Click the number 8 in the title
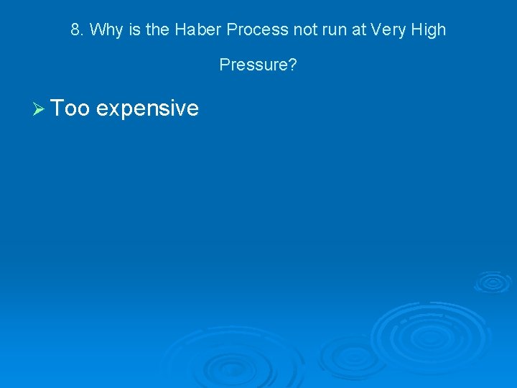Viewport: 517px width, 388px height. click(x=75, y=30)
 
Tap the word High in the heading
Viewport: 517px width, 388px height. click(x=429, y=30)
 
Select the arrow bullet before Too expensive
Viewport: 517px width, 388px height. click(x=39, y=108)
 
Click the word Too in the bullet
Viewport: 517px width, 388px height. click(x=70, y=108)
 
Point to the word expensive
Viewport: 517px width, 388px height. click(x=147, y=108)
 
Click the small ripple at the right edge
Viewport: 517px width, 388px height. click(x=493, y=282)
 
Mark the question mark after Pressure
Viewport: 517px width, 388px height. click(x=293, y=65)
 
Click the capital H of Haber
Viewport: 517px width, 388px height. click(x=196, y=30)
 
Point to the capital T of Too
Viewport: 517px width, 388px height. click(x=57, y=108)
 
